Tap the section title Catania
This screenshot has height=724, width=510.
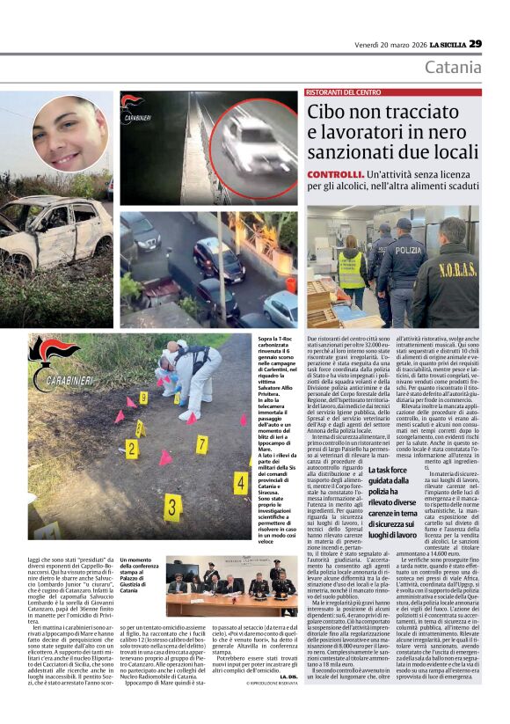453,68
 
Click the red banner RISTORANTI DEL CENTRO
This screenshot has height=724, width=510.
344,92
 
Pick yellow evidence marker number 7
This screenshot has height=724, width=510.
201,445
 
